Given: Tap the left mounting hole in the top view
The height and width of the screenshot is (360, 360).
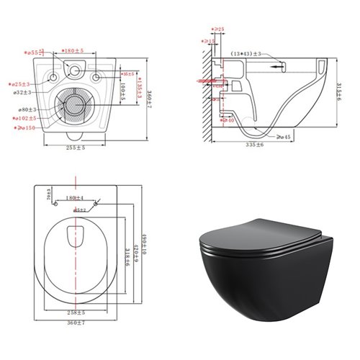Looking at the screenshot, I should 55,76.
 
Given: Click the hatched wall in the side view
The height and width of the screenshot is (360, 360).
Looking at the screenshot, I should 207,94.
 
